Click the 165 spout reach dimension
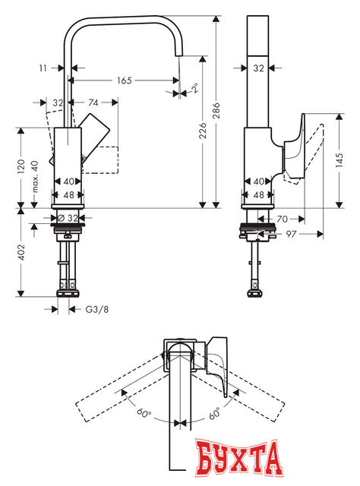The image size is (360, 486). coord(125,79)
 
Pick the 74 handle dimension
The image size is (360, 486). coord(93,102)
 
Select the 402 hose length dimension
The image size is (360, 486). coord(23,253)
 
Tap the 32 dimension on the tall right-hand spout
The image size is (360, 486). coord(259,68)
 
